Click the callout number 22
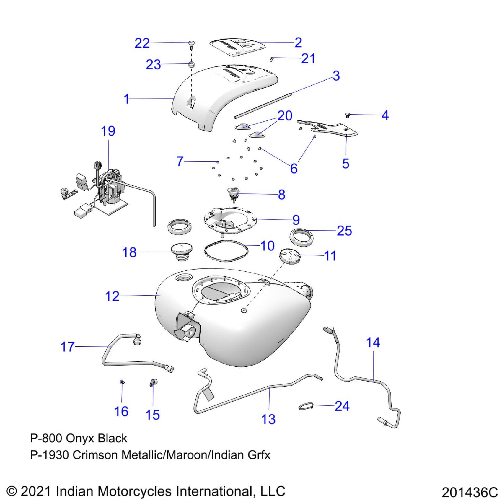[142, 43]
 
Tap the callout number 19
[108, 131]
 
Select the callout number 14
[373, 343]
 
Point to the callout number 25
[344, 231]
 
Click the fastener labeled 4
[348, 115]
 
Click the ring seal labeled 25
[301, 237]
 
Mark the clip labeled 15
[153, 383]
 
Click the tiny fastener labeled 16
[122, 382]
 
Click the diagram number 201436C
[470, 492]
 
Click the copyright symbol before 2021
[12, 491]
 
